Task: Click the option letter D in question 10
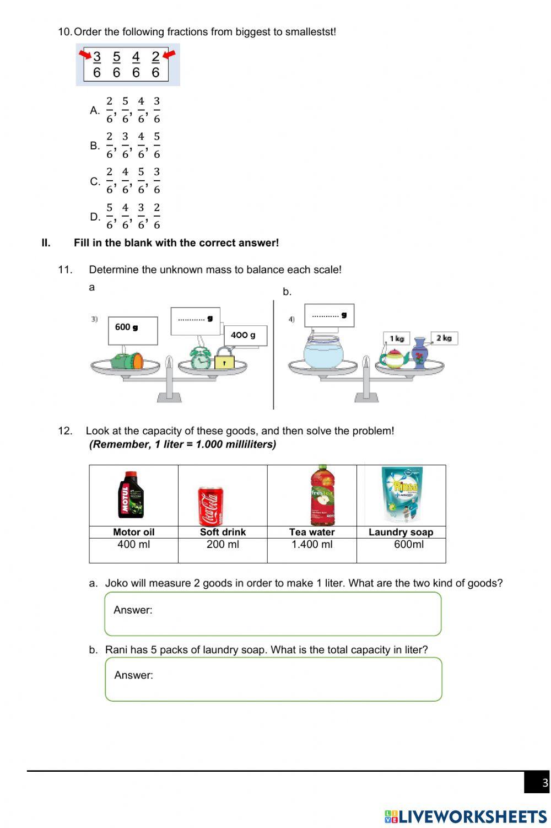[x=94, y=217]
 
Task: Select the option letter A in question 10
[x=94, y=110]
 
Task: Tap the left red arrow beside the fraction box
[x=85, y=54]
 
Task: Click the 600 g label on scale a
[x=126, y=327]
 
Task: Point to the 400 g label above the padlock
[x=243, y=335]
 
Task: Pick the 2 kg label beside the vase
[x=444, y=338]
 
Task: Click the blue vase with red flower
[x=420, y=353]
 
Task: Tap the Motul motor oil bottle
[x=131, y=495]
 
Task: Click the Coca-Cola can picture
[x=210, y=506]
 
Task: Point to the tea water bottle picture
[x=322, y=494]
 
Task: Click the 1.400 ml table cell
[x=312, y=545]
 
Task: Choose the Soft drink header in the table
[x=223, y=532]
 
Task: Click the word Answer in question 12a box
[x=133, y=610]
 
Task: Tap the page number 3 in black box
[x=545, y=783]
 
